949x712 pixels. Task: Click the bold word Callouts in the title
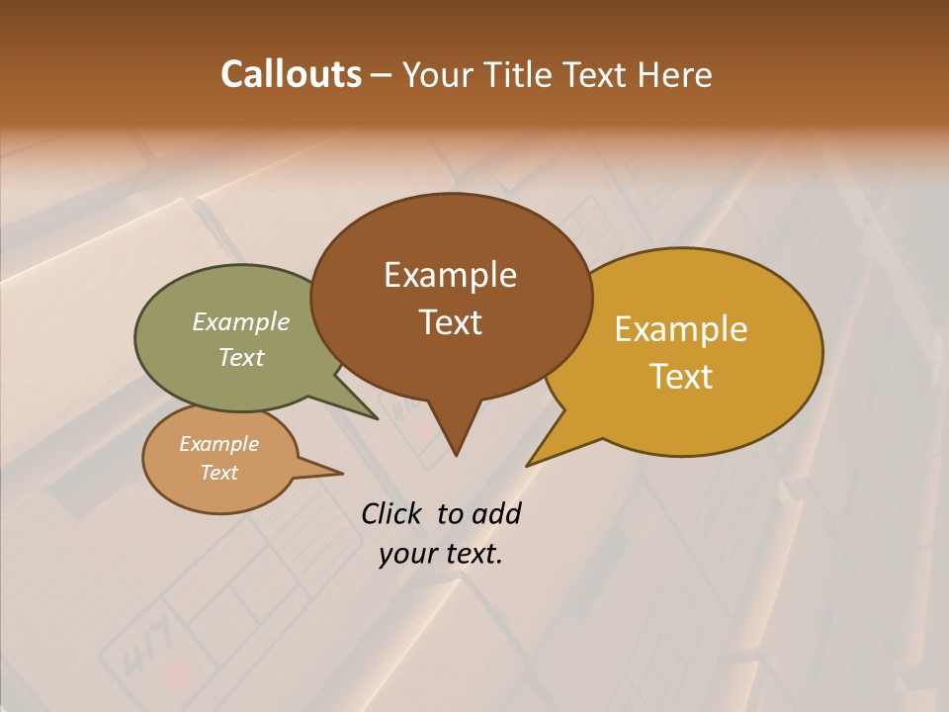coord(291,74)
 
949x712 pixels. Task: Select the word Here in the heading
coord(675,75)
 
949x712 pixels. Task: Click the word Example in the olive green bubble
coord(241,322)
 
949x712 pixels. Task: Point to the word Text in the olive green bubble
coord(241,357)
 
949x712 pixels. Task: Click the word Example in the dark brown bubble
coord(450,275)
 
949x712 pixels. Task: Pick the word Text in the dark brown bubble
coord(451,322)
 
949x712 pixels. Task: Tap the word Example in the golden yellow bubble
coord(681,329)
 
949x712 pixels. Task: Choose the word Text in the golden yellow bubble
coord(682,377)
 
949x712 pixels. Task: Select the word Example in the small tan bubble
coord(219,444)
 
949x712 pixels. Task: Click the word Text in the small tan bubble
coord(219,473)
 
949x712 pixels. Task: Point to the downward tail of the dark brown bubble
coord(456,435)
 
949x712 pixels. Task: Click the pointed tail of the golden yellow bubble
coord(543,454)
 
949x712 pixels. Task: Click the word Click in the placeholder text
coord(393,513)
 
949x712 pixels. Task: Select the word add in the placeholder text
coord(497,513)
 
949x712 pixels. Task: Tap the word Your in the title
coord(441,75)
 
